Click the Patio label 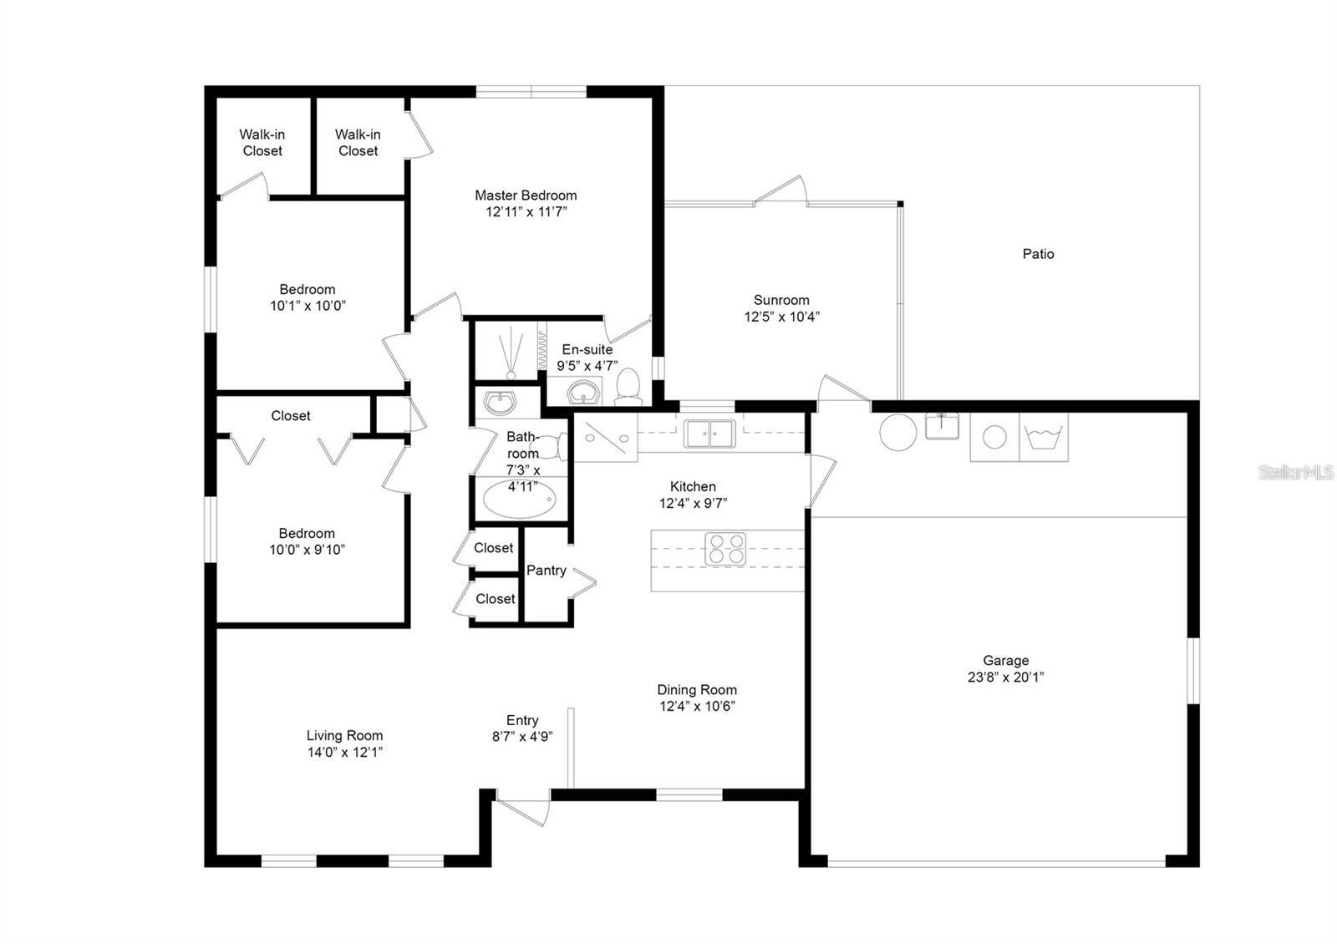[x=1038, y=254]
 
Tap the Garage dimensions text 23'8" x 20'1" [x=1005, y=678]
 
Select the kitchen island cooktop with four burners [x=724, y=549]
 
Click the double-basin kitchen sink [x=709, y=434]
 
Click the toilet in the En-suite [x=628, y=387]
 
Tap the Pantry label [x=546, y=571]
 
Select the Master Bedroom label [x=526, y=195]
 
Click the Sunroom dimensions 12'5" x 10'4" [x=781, y=317]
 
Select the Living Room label [x=344, y=736]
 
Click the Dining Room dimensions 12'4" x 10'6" [x=697, y=707]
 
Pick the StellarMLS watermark [x=1296, y=473]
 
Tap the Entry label [x=522, y=720]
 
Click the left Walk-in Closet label [x=262, y=142]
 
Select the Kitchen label [x=693, y=486]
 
